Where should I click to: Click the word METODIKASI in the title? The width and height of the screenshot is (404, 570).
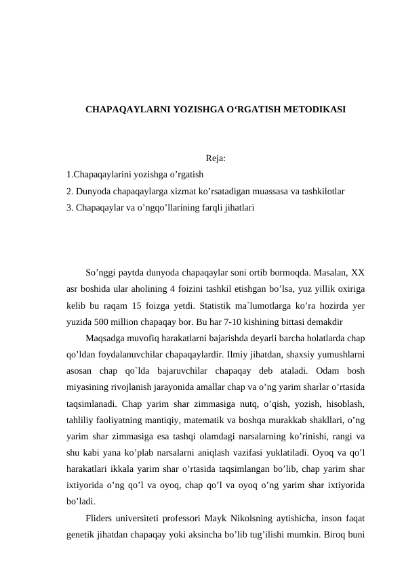pos(315,108)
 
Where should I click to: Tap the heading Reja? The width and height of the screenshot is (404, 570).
pos(216,159)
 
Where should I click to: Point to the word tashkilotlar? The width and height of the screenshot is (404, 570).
pos(322,192)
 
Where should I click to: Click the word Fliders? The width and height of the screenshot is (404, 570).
pos(102,518)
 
